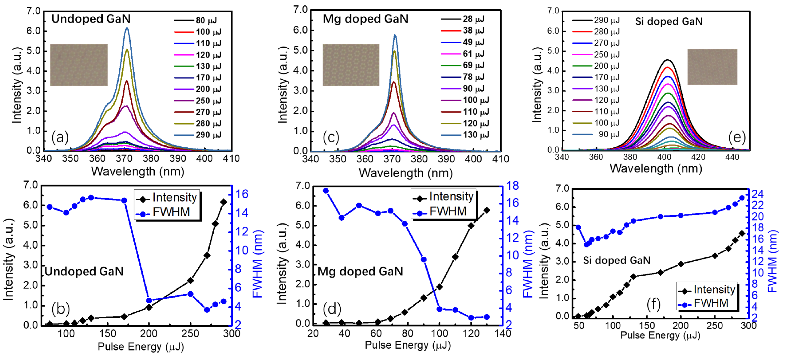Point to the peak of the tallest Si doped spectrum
tap(667, 60)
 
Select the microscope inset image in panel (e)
tap(712, 67)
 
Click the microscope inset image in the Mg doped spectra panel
tap(351, 65)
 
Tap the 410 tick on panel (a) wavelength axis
tap(231, 159)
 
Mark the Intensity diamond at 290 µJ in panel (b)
tap(223, 202)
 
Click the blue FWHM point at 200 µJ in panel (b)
tap(149, 300)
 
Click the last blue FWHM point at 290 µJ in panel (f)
tap(742, 198)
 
